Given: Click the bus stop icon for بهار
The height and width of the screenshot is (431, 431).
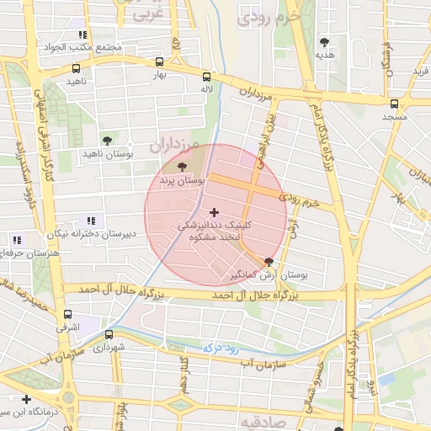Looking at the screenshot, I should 160,61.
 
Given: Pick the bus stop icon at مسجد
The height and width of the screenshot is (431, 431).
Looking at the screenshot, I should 394,104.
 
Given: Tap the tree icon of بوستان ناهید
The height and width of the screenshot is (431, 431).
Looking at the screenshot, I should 106,141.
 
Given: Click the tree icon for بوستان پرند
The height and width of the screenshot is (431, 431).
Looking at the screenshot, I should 183,167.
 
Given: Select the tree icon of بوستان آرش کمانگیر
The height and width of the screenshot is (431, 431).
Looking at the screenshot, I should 269,262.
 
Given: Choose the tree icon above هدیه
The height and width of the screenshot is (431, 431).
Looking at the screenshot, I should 324,41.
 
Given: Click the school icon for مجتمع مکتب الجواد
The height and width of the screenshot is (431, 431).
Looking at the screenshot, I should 82,35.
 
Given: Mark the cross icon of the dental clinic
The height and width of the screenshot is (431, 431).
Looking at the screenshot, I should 214,212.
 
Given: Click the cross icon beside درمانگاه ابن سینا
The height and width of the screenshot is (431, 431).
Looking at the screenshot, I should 27,399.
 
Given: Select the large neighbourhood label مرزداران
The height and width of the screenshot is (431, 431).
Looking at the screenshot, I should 177,146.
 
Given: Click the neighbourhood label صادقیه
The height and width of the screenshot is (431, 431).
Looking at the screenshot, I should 258,422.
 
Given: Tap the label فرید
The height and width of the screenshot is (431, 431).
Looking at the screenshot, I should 419,72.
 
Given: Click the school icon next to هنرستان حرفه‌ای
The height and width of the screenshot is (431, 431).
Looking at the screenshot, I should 18,241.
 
